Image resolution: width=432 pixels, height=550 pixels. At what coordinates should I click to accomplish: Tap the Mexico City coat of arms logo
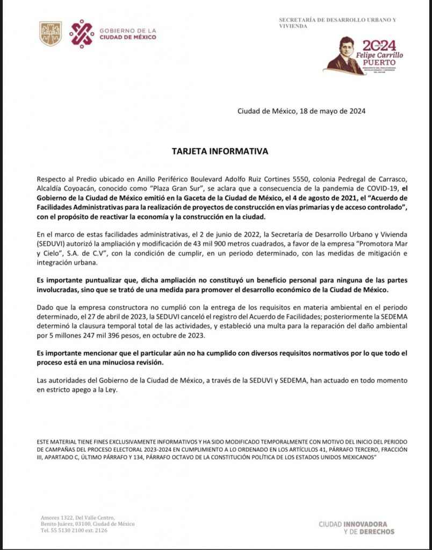pos(51,33)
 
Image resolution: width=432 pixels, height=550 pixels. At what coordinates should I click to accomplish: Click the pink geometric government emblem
pos(82,33)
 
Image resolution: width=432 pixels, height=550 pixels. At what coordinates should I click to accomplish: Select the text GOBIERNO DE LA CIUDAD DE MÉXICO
pos(128,34)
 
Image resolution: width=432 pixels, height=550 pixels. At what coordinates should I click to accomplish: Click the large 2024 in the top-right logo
pos(379,45)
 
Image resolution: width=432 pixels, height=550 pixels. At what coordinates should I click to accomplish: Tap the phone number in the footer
pos(74,530)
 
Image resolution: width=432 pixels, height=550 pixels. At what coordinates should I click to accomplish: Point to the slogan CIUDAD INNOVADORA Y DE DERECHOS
pos(356,527)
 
